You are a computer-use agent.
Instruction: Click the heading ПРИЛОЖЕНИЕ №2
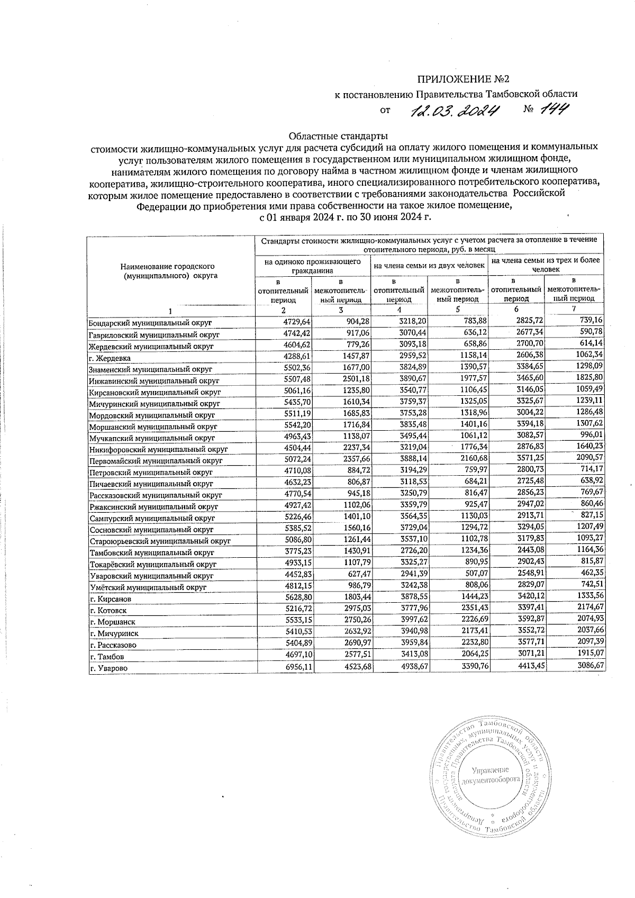coord(463,80)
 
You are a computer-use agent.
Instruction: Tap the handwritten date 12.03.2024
coord(455,111)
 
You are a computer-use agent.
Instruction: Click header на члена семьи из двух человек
coord(430,265)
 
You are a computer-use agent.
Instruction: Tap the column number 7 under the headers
coord(574,309)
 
